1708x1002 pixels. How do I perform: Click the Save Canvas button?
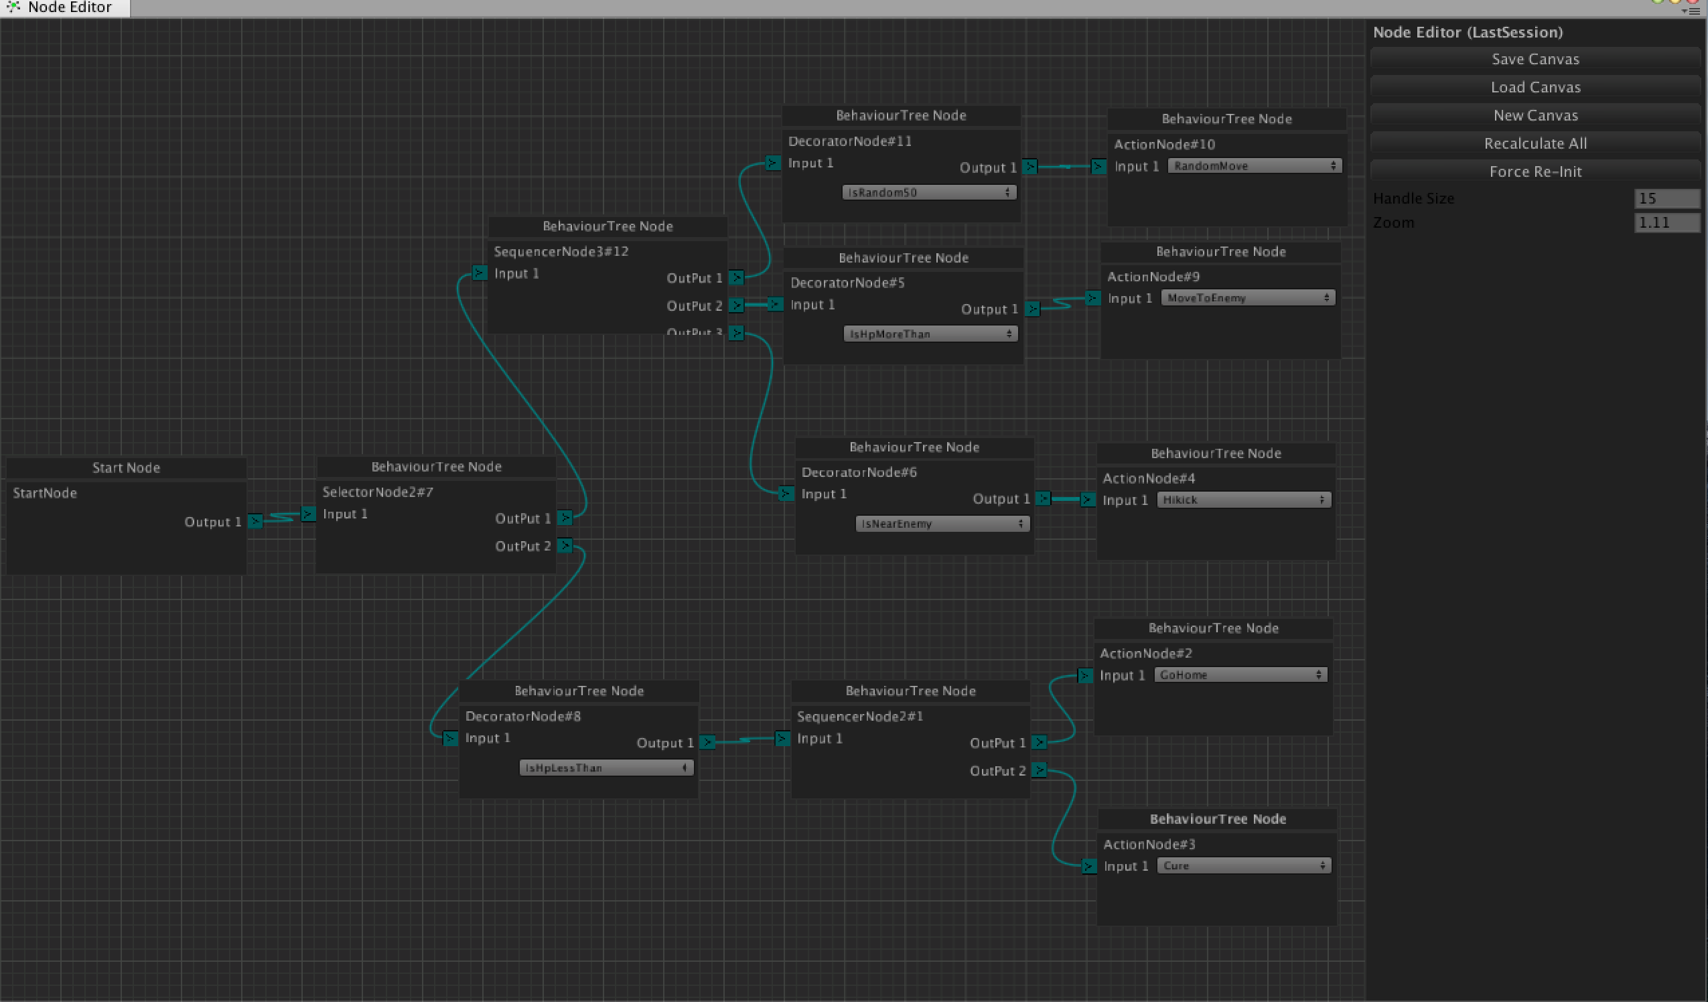(x=1535, y=59)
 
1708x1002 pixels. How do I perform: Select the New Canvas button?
(x=1535, y=115)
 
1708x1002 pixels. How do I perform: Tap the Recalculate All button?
(x=1535, y=144)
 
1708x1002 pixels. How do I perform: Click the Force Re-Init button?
(x=1535, y=171)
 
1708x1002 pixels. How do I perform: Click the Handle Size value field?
(x=1666, y=199)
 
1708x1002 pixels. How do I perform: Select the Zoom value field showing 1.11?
(x=1666, y=222)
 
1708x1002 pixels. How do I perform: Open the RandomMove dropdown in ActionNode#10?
(x=1254, y=166)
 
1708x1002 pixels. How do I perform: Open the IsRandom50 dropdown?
(x=928, y=192)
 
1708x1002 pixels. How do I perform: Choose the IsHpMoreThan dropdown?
(x=930, y=334)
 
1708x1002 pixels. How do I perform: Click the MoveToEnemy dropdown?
(x=1247, y=298)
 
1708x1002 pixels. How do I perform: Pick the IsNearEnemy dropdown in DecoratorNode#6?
(x=942, y=524)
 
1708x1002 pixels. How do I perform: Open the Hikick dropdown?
(x=1243, y=500)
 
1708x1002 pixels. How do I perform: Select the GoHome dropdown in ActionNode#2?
(x=1240, y=675)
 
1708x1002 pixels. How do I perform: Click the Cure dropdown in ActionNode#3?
(x=1243, y=866)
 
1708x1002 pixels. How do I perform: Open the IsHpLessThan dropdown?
(x=606, y=768)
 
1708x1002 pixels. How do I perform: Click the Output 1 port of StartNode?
(x=255, y=521)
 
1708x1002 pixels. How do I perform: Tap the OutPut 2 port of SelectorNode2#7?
(x=565, y=546)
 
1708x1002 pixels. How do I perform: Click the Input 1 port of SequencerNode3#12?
(x=480, y=273)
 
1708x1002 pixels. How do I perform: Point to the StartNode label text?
(x=45, y=494)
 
